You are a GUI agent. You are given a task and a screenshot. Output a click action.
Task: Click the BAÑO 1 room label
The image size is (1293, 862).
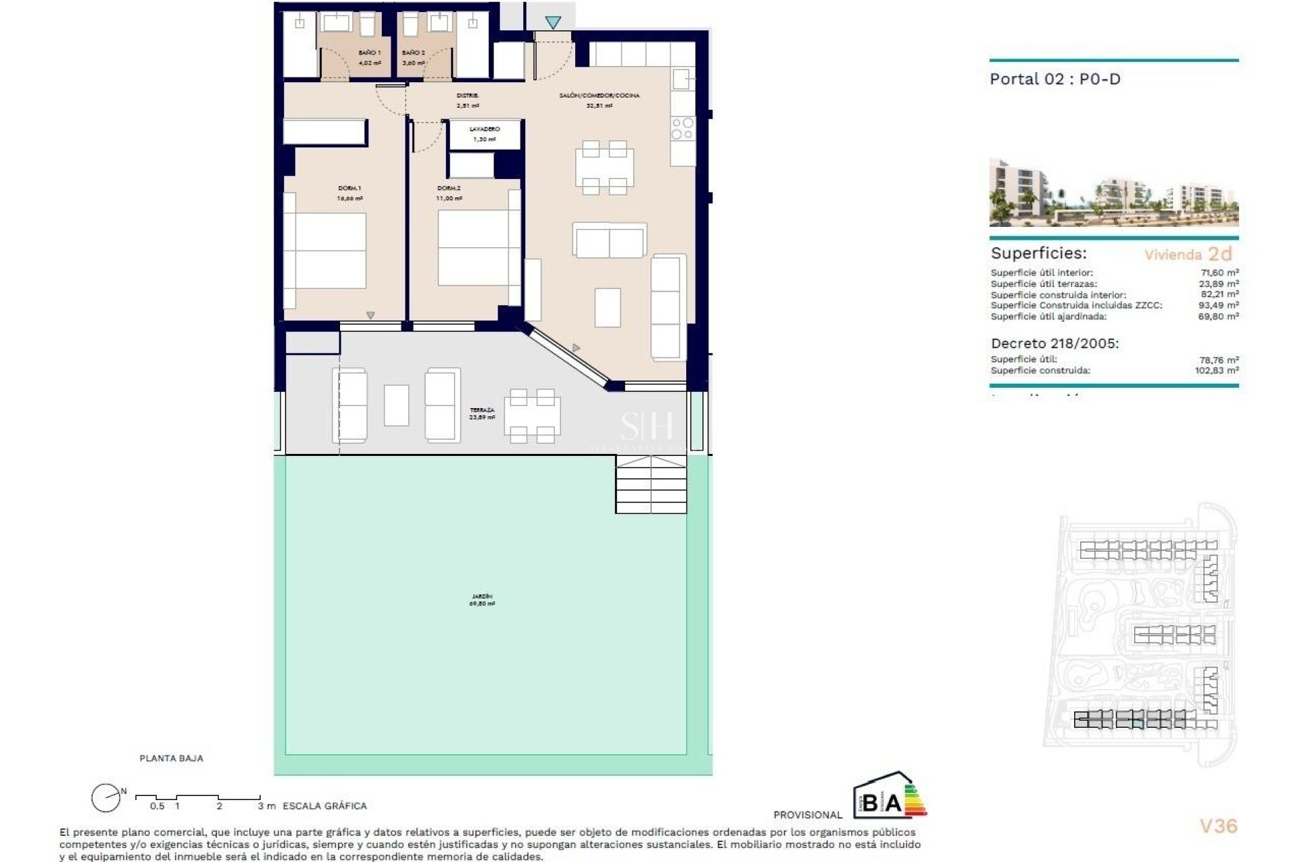coord(369,53)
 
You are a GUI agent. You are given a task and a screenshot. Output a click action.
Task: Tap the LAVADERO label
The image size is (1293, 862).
coord(484,129)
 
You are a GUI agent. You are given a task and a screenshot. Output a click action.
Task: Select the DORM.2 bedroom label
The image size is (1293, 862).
coord(449,189)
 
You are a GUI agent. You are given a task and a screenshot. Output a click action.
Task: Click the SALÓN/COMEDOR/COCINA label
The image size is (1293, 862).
coord(599,96)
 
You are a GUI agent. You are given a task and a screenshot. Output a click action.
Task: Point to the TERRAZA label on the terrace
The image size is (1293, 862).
coord(482,410)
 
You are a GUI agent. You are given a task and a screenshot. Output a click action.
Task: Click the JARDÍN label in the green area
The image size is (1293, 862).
coord(482,597)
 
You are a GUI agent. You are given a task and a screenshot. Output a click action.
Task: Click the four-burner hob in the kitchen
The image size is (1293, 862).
coord(682,129)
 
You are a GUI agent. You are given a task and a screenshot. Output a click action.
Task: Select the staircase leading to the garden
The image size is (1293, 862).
coord(651,484)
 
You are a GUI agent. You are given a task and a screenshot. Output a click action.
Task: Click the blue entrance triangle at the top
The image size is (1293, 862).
coord(553,23)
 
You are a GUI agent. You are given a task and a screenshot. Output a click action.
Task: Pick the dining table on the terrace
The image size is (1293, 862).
coord(532,416)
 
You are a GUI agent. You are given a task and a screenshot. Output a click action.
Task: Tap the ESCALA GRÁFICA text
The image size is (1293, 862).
coord(325,806)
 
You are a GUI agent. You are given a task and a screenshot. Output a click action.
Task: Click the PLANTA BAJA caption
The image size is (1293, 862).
coord(171,758)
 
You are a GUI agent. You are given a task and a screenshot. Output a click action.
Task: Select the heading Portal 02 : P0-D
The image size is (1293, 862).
coord(1055,79)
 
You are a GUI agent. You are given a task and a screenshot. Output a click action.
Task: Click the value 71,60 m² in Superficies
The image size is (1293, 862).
coord(1219,273)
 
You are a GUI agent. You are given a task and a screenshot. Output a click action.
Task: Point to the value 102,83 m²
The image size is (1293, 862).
coord(1216,370)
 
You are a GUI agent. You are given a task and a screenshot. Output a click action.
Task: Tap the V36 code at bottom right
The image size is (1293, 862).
coord(1218,826)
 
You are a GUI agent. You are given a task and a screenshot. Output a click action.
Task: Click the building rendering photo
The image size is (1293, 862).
coord(1113,193)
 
